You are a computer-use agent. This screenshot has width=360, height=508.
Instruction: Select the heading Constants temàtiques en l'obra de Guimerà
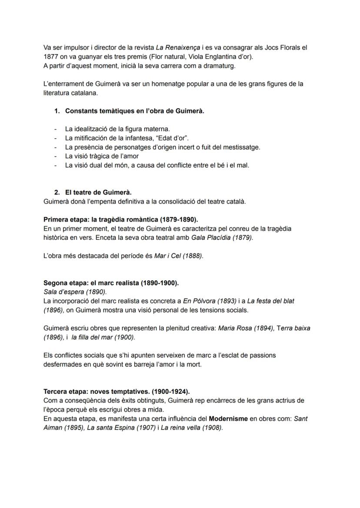[135, 111]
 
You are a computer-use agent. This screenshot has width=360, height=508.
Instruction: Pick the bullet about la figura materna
[117, 129]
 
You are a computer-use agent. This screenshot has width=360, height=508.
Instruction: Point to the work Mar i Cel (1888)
[178, 256]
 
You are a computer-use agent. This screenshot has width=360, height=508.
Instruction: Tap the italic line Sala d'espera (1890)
[75, 292]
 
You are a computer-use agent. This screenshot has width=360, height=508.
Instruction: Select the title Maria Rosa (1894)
[246, 328]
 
